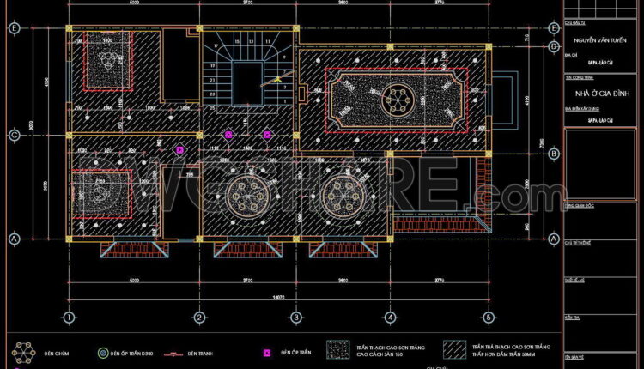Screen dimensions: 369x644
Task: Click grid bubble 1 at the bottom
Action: coord(67,317)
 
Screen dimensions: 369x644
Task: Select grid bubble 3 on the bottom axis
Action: coord(295,317)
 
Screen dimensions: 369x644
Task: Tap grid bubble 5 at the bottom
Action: coord(486,317)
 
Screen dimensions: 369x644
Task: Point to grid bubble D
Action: coord(14,28)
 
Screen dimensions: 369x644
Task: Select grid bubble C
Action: coord(14,135)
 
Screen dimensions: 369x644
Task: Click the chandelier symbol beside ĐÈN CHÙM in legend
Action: coord(23,353)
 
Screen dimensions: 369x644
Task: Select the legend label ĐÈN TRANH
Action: coord(200,353)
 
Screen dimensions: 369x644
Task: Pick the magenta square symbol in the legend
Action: coord(267,353)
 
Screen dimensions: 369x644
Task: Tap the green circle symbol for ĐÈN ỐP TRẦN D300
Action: coord(103,353)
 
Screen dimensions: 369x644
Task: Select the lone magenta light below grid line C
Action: coord(179,150)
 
